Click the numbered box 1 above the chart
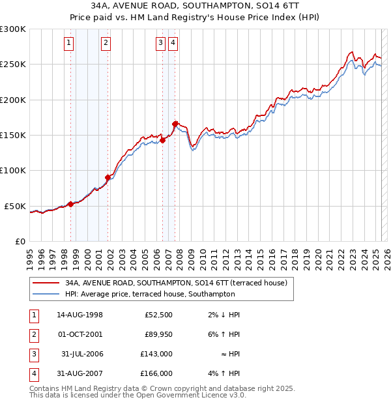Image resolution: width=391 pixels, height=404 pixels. (x=69, y=44)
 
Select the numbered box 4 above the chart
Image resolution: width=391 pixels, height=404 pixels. (x=173, y=44)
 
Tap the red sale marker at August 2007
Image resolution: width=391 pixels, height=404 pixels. (x=175, y=123)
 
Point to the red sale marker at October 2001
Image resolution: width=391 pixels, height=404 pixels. (x=108, y=177)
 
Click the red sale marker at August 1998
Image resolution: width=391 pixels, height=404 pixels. (x=70, y=204)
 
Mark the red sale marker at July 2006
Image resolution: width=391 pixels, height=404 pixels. (x=162, y=139)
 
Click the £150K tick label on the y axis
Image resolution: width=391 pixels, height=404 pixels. (x=13, y=136)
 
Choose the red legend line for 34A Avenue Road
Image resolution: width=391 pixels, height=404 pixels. (x=46, y=283)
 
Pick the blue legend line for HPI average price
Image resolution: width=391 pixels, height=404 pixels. (x=46, y=295)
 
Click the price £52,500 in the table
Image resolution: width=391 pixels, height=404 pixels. (x=158, y=315)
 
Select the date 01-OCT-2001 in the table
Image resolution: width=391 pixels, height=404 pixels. (x=80, y=334)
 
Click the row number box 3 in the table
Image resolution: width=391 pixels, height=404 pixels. (x=33, y=354)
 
